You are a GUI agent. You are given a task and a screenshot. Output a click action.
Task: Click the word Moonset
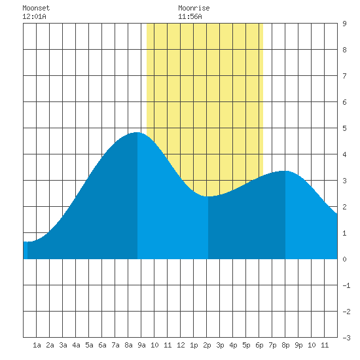coord(36,8)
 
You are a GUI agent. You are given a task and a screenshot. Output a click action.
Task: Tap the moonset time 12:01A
coord(34,16)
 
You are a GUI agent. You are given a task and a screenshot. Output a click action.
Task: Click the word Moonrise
coord(194,8)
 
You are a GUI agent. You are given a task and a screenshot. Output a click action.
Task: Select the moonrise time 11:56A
coord(190,16)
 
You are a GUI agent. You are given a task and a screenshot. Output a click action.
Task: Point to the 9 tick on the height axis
coord(344,24)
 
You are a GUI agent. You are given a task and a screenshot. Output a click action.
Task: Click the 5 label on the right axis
coord(344,128)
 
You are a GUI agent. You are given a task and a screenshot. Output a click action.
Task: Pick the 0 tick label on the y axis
coord(344,259)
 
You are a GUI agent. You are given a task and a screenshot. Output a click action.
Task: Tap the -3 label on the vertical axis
coord(346,338)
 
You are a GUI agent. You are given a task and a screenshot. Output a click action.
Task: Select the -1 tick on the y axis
coord(346,285)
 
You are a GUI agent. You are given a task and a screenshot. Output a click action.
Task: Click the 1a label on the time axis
coord(37,345)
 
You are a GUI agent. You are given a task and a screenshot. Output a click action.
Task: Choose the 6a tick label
coord(102,345)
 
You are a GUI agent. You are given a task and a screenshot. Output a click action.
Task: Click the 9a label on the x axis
coord(141,345)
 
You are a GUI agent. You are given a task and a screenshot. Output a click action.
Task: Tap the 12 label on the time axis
coord(181,345)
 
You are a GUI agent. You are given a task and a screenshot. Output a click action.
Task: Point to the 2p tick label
coord(207,345)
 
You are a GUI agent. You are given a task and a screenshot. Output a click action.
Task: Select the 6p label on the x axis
coord(259,345)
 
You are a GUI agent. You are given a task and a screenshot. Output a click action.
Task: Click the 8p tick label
coord(285,345)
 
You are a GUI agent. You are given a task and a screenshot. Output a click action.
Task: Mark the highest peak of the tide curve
coord(137,132)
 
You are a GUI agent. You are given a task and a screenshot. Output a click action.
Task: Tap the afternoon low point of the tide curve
coord(208,196)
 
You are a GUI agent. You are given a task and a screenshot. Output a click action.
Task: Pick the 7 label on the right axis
coord(344,76)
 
